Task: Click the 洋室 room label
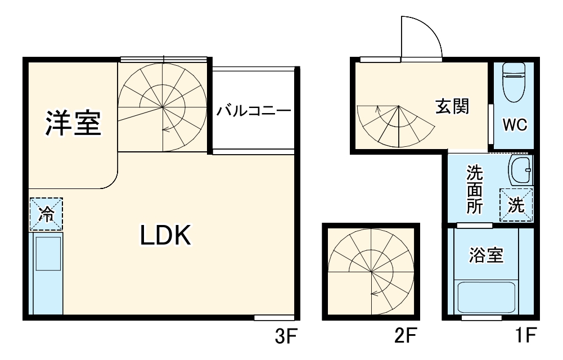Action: [73, 123]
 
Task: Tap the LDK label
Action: [166, 236]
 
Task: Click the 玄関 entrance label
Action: [452, 106]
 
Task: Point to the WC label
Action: [515, 125]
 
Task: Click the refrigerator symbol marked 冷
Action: [46, 214]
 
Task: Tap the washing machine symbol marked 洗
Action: [516, 205]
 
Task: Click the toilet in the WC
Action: [512, 82]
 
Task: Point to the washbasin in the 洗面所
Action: [520, 170]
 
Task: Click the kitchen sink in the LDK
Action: [47, 253]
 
